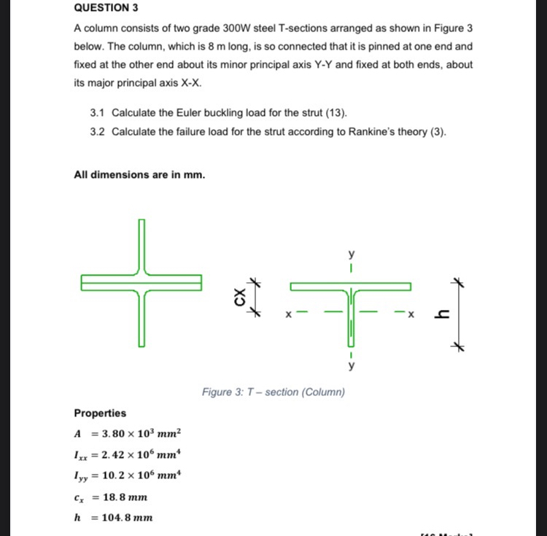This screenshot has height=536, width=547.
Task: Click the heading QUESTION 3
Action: (106, 9)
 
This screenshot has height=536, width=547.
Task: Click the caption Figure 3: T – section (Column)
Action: (273, 392)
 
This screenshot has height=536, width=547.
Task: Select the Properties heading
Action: (100, 413)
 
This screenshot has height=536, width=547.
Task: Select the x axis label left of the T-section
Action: (288, 316)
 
